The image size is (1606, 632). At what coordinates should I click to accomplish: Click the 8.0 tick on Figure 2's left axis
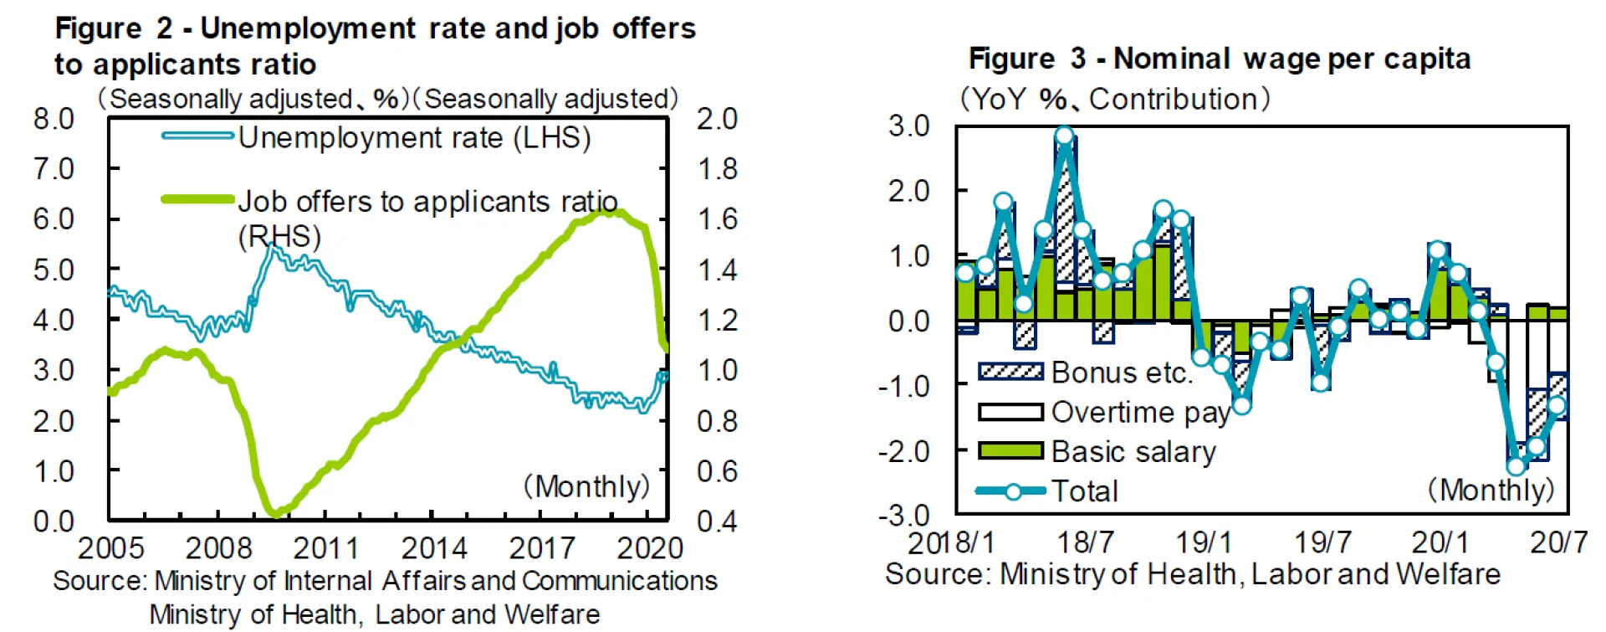point(54,120)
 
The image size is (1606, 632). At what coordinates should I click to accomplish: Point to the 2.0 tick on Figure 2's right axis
point(717,120)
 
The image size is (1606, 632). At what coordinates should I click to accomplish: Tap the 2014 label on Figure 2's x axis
point(433,548)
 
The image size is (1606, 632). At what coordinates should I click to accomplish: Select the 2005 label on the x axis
point(110,548)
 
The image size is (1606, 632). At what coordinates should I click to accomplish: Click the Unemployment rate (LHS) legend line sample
point(197,136)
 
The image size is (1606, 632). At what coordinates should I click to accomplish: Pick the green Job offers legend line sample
point(197,199)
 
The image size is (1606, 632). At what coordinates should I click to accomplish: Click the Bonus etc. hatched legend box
point(1010,372)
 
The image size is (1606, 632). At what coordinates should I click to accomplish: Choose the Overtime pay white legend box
point(1010,412)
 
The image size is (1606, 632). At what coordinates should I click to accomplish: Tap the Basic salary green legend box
point(1010,451)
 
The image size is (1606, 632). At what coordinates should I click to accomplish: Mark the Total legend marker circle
point(1012,491)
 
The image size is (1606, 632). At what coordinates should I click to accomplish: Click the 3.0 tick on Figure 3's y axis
point(909,126)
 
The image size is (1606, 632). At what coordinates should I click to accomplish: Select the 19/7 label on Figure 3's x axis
point(1322,542)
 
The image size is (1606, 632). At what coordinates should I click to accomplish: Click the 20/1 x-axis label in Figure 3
point(1440,542)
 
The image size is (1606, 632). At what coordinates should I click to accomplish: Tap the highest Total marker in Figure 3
point(1064,136)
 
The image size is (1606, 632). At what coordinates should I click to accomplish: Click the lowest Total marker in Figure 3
point(1516,465)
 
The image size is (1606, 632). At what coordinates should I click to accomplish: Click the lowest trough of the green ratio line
point(274,511)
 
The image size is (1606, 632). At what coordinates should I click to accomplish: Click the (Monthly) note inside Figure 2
point(586,486)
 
